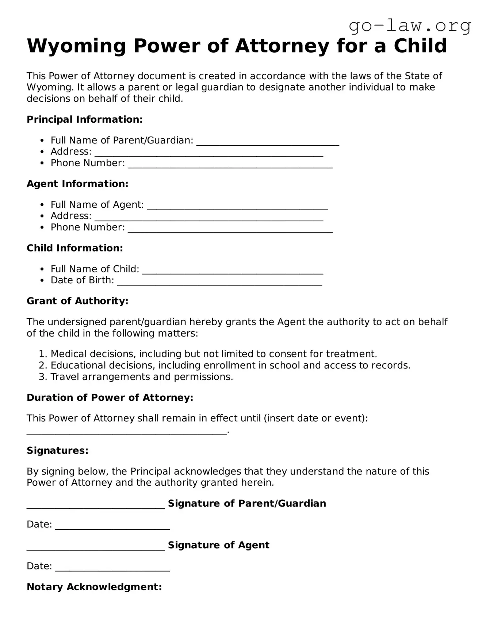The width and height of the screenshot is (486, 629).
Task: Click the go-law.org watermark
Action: point(410,26)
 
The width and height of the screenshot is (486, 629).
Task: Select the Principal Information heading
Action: point(84,119)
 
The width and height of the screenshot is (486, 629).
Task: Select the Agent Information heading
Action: point(77,184)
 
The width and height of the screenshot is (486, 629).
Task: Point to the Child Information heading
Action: point(75,248)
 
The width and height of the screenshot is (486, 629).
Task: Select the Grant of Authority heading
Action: point(77,301)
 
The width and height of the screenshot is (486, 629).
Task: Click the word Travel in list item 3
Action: point(65,377)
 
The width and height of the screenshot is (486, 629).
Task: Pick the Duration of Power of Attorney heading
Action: point(110,398)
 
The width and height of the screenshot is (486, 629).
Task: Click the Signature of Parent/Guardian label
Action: point(247,503)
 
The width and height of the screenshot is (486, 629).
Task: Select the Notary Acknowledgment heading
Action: point(94,587)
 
